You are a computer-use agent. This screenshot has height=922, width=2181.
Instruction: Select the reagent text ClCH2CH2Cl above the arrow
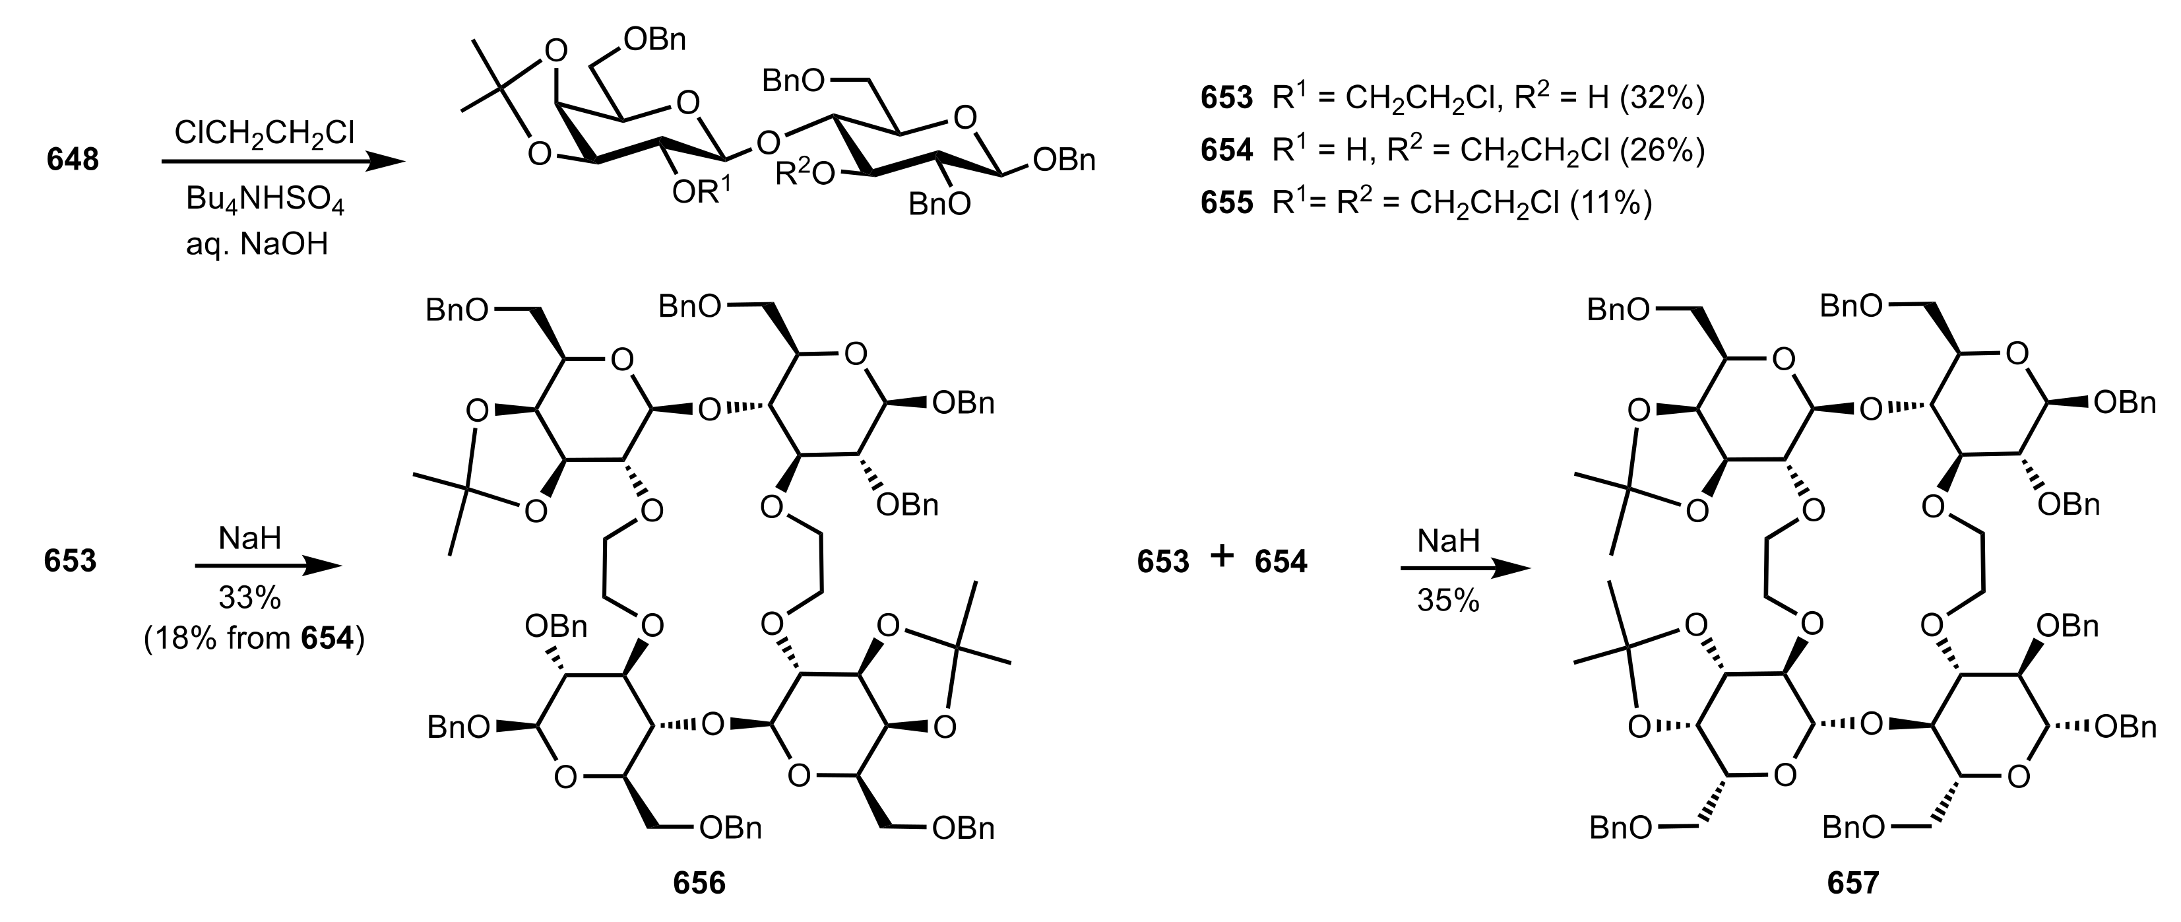pos(264,133)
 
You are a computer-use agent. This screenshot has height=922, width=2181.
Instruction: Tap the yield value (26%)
pos(1661,150)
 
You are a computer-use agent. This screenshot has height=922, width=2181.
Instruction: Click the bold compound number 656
pos(699,883)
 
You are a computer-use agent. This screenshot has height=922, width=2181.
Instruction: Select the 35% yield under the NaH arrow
pos(1448,601)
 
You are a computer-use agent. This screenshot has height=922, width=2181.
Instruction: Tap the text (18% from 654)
pos(253,638)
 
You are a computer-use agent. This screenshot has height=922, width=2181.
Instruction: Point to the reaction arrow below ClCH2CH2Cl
pos(284,162)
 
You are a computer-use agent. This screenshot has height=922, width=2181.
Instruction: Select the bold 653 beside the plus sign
pos(1163,562)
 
